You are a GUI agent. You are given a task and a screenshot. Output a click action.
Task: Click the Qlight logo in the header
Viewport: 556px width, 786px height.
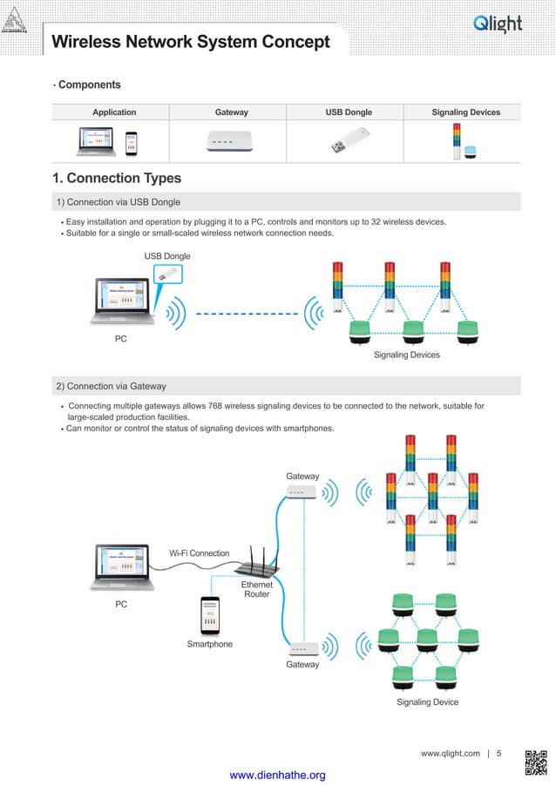pos(498,24)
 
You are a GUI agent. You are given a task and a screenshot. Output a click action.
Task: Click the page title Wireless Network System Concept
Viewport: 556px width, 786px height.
pos(191,42)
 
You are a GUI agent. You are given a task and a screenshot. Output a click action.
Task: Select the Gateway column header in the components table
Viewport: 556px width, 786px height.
pos(231,112)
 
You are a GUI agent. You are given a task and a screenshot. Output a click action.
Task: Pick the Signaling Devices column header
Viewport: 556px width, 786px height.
pos(465,112)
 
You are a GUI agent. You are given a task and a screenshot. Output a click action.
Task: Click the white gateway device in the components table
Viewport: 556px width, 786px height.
pos(230,141)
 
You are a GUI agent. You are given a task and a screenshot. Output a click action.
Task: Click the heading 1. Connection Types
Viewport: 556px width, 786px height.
pos(117,179)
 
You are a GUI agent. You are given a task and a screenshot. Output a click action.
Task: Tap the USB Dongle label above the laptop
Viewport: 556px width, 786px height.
pos(166,255)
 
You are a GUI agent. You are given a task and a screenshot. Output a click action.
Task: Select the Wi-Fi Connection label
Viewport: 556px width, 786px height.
pos(199,553)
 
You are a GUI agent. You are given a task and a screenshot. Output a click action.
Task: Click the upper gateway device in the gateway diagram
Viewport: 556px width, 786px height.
pos(302,493)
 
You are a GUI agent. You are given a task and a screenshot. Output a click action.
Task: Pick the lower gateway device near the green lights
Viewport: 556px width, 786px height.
pos(302,648)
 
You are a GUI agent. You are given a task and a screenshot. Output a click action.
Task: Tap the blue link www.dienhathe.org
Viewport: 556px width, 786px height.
pos(276,775)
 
